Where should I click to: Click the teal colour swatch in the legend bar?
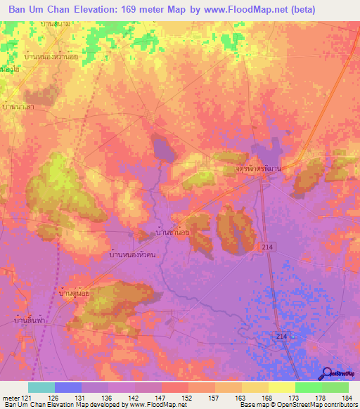[x=41, y=387]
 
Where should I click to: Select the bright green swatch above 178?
[x=308, y=387]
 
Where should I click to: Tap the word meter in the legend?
[x=9, y=398]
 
